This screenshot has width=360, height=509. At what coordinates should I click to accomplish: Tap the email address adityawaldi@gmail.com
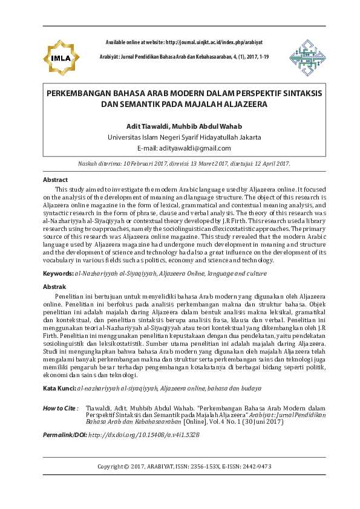pyautogui.click(x=192, y=148)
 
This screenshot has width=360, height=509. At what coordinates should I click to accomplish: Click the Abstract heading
pyautogui.click(x=56, y=180)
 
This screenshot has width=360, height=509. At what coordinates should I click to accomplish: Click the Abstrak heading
pyautogui.click(x=54, y=287)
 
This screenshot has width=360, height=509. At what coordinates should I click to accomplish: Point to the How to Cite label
pyautogui.click(x=61, y=409)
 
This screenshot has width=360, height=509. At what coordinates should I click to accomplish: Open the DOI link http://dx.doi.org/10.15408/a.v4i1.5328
pyautogui.click(x=144, y=435)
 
